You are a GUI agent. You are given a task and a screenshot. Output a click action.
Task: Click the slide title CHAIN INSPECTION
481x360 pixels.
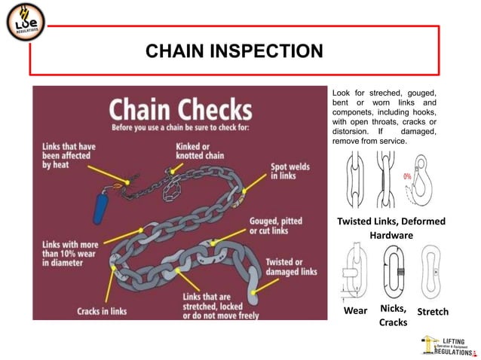pos(234,51)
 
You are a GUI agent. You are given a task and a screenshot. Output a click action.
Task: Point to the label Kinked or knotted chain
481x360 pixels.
pos(202,151)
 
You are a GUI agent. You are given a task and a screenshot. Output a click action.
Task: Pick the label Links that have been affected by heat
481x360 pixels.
pos(70,151)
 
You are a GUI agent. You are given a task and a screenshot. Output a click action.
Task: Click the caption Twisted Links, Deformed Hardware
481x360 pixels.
pos(391,228)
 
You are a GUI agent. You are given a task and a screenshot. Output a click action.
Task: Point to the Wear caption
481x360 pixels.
pos(355,311)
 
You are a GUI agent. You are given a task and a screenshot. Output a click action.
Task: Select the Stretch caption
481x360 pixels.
pos(432,312)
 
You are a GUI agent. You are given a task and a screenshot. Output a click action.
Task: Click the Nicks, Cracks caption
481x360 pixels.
pos(393,315)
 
